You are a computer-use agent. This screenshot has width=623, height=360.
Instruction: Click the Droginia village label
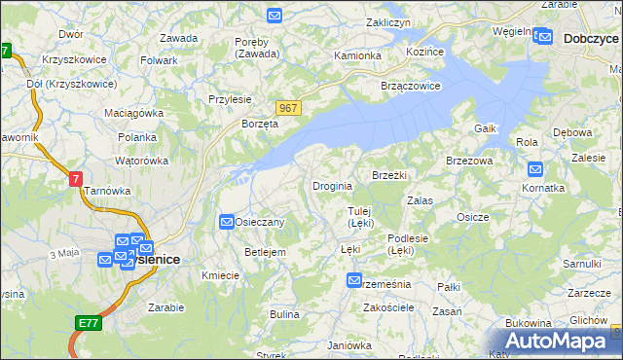(332, 186)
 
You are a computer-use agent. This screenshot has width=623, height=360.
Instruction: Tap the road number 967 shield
(287, 108)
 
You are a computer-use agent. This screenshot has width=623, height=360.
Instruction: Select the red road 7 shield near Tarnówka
(76, 179)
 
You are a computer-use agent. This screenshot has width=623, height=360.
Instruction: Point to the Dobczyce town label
(591, 39)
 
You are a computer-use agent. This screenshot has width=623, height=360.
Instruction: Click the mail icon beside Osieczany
(227, 222)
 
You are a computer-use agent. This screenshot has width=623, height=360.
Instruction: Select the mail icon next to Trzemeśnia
(354, 281)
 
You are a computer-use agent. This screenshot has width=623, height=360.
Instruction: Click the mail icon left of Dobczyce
(544, 38)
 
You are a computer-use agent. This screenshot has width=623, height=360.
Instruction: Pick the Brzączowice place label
(412, 85)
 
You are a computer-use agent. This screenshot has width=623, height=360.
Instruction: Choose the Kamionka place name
(357, 55)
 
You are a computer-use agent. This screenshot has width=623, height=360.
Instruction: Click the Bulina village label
(284, 314)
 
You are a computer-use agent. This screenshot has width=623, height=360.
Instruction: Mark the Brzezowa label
(469, 161)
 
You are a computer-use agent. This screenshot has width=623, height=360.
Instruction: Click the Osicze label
(472, 217)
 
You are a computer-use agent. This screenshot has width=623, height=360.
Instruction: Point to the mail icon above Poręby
(275, 16)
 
